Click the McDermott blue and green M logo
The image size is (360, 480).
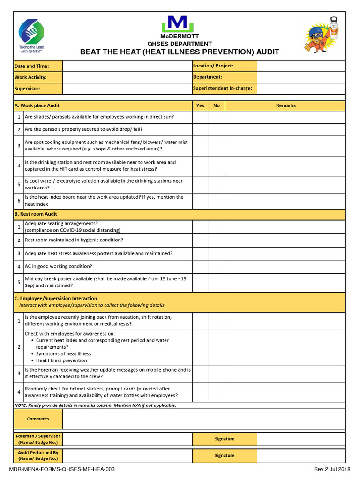[x=174, y=24]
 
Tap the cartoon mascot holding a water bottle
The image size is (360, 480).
[x=323, y=36]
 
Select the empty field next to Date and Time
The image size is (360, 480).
[x=127, y=66]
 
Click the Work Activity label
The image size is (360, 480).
[x=31, y=77]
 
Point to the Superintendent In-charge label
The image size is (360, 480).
[x=223, y=88]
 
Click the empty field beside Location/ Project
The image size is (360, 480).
[x=301, y=66]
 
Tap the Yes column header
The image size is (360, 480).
[x=200, y=105]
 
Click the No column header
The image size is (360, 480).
[x=217, y=105]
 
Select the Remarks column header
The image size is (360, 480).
[x=285, y=105]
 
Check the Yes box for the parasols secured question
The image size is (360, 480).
[x=200, y=129]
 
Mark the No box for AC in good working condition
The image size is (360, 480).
[x=217, y=266]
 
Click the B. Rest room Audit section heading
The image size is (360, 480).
[x=36, y=214]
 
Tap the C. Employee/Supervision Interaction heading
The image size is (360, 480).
[x=56, y=298]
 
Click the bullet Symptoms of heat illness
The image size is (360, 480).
[x=63, y=354]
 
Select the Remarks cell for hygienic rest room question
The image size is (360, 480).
[x=285, y=240]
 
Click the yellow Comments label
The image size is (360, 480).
[x=38, y=419]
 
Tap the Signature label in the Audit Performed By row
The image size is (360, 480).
[x=225, y=455]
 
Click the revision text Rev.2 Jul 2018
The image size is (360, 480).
[x=332, y=469]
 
